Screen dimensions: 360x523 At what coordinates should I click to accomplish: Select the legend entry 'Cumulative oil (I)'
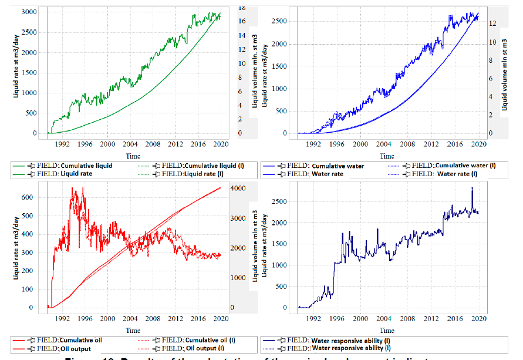click(201, 340)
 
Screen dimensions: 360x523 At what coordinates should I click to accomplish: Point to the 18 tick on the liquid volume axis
click(239, 6)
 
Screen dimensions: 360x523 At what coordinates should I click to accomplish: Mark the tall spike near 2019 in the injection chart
click(472, 189)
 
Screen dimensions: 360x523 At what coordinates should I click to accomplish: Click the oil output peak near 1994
click(72, 189)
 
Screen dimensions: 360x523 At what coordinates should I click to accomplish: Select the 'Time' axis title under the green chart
click(133, 156)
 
